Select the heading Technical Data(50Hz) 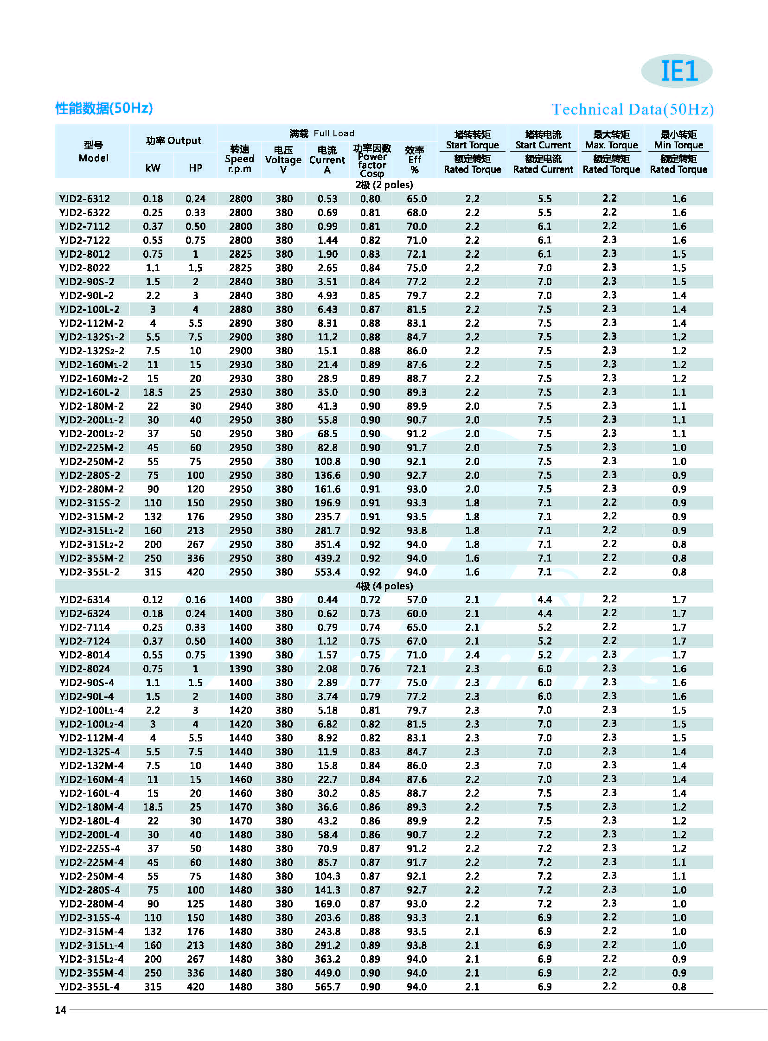click(632, 110)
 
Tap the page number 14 click(60, 1010)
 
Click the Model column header click(93, 152)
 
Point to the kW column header click(153, 168)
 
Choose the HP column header click(195, 168)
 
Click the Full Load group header click(322, 134)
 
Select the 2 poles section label click(384, 185)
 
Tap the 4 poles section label click(384, 586)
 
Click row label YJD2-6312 click(84, 199)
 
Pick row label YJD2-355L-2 click(89, 572)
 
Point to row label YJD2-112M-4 click(89, 738)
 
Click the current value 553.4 click(327, 572)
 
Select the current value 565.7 click(327, 987)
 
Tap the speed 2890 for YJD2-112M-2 click(240, 324)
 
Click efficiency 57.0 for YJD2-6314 click(416, 600)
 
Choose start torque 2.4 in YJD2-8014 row click(472, 655)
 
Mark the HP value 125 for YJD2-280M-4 click(195, 904)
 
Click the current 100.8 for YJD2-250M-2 click(327, 461)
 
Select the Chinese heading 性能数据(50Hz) click(104, 109)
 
